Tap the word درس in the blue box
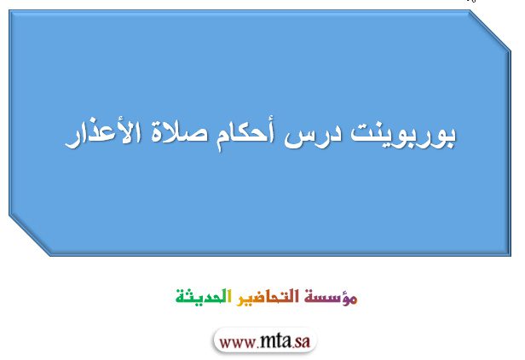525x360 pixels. pos(313,136)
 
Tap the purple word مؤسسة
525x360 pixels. pos(331,297)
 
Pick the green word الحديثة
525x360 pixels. pos(204,296)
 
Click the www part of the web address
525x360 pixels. pos(238,343)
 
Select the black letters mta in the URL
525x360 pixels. pos(275,341)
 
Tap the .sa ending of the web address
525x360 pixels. pos(301,341)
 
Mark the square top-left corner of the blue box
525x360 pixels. pos(9,11)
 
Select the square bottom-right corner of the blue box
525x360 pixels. pos(510,255)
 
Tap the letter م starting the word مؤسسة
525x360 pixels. pos(352,299)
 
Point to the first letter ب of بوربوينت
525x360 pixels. pos(449,137)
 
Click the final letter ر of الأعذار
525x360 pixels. pos(72,141)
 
